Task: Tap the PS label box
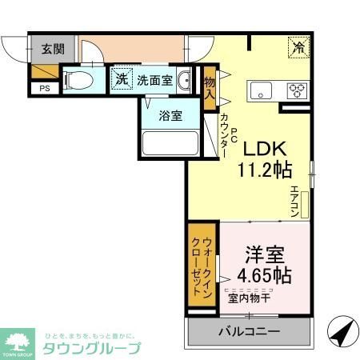(x=43, y=88)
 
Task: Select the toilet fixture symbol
(x=77, y=80)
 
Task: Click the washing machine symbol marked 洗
(x=120, y=79)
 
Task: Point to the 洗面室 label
(x=154, y=80)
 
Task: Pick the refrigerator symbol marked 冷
(x=298, y=47)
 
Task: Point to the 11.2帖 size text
(x=264, y=170)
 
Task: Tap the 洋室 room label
(x=264, y=255)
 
